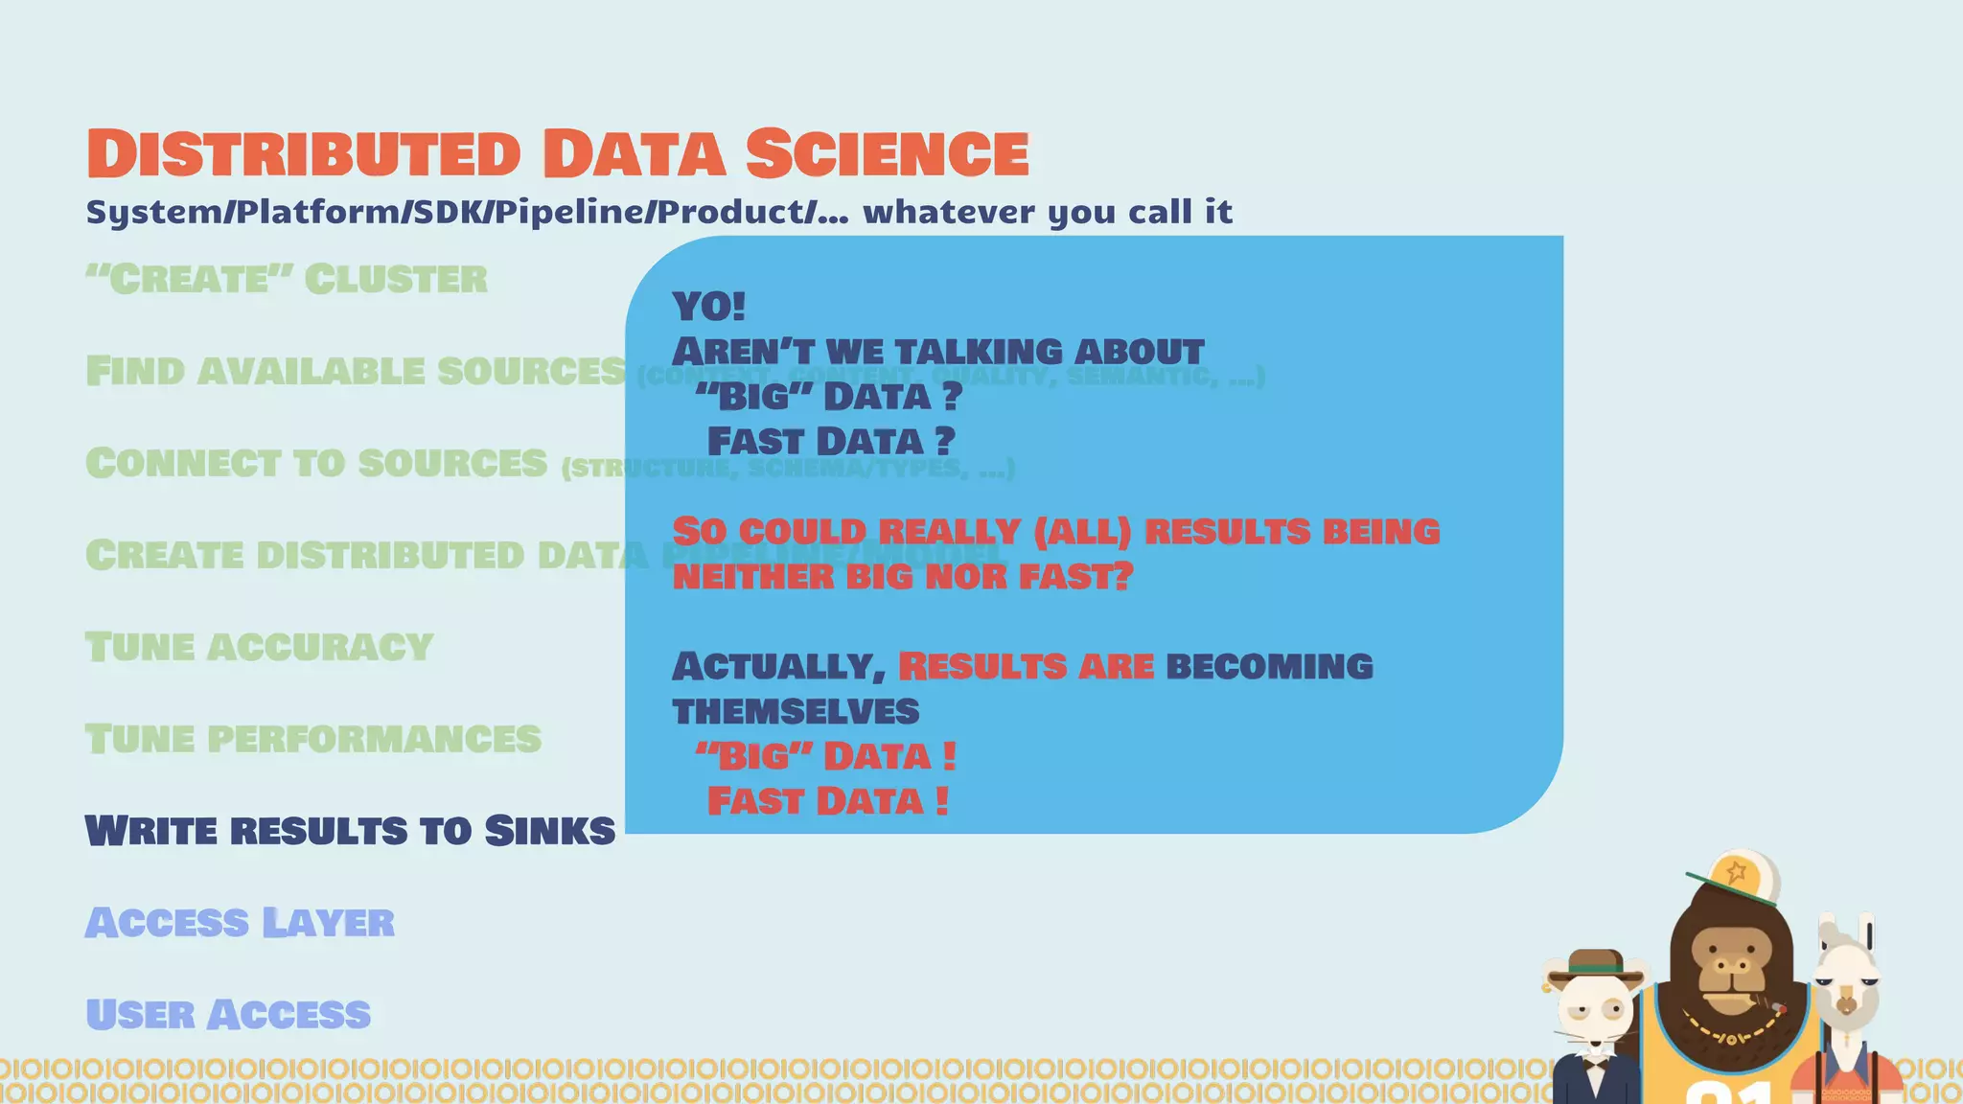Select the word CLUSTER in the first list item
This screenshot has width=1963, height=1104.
tap(396, 280)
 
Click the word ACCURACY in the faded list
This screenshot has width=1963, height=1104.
tap(321, 648)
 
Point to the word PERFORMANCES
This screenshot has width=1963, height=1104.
tap(374, 739)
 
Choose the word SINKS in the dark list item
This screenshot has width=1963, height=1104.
tap(549, 831)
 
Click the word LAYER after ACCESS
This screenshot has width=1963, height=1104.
tap(328, 923)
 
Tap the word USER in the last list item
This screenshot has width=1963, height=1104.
tap(140, 1015)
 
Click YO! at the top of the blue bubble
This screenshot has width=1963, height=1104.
tap(708, 308)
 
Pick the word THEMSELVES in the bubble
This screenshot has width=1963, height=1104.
tap(796, 712)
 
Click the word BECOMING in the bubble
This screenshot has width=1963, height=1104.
tap(1269, 667)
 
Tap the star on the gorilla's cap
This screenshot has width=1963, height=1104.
tap(1736, 872)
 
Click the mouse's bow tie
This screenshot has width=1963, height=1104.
tap(1594, 1061)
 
